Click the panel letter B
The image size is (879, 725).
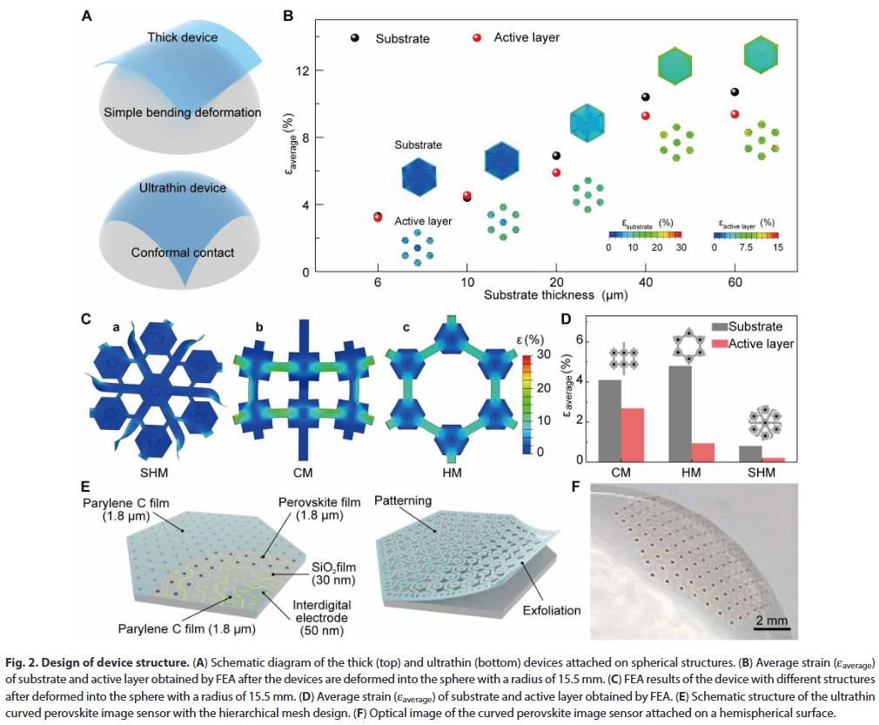tap(288, 14)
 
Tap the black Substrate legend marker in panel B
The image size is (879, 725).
tap(355, 38)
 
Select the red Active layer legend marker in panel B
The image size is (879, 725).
tap(476, 37)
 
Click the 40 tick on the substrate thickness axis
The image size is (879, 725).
tap(645, 284)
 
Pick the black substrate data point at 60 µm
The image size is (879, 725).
tap(735, 92)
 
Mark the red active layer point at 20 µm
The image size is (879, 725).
tap(556, 172)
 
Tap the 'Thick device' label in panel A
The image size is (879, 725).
tap(183, 37)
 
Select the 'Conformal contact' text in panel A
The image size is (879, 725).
tap(183, 252)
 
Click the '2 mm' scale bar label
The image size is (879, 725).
tap(771, 621)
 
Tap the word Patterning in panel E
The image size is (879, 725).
tap(404, 502)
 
